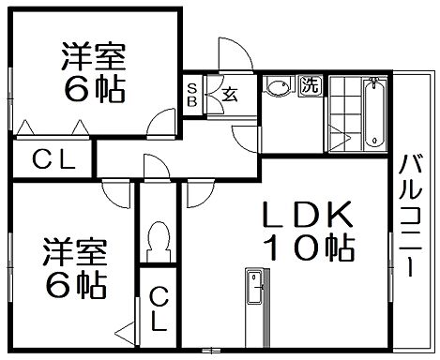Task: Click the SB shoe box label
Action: click(x=192, y=93)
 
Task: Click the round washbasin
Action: click(x=277, y=89)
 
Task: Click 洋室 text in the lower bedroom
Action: click(x=75, y=250)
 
